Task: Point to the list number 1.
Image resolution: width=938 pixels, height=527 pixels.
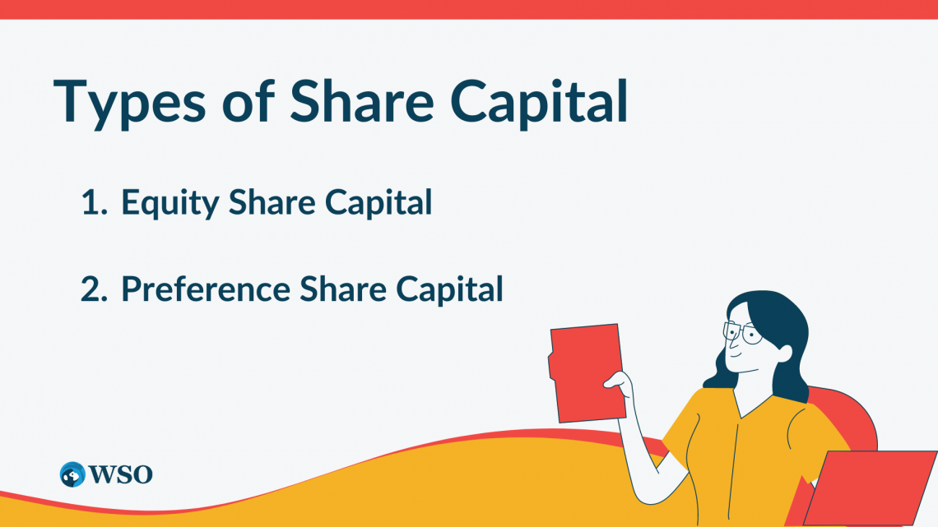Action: (x=94, y=203)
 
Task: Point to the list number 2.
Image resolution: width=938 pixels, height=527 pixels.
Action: (x=94, y=289)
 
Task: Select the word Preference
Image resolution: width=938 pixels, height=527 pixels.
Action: (x=206, y=289)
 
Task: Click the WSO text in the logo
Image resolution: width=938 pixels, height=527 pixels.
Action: (x=119, y=474)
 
